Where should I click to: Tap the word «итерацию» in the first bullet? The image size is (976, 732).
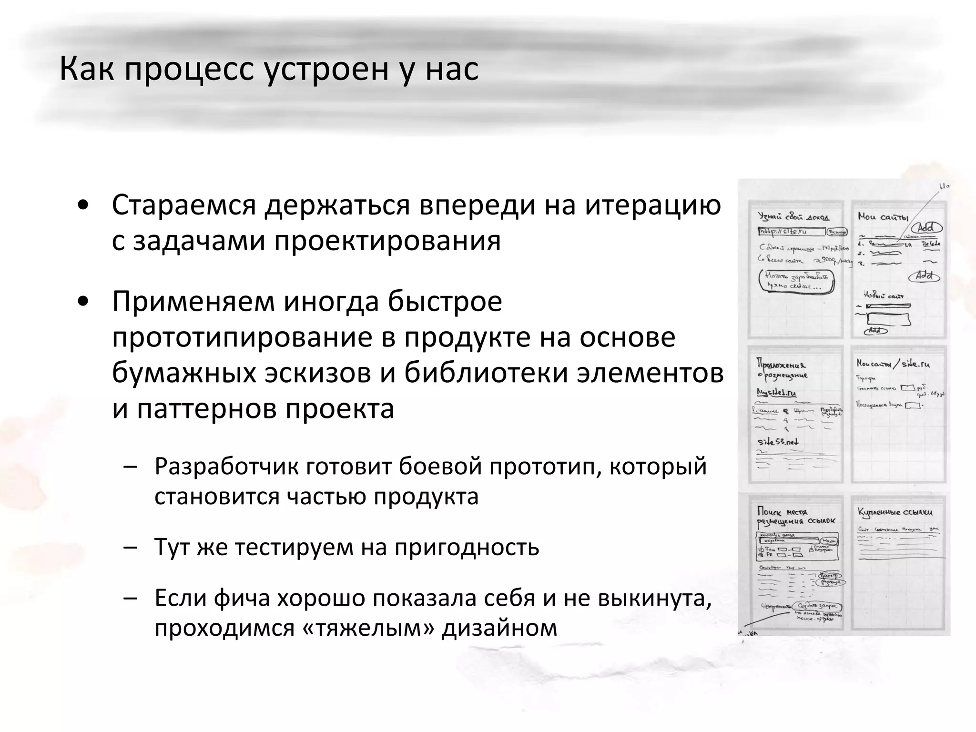(653, 206)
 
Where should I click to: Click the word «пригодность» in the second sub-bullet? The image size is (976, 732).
(467, 547)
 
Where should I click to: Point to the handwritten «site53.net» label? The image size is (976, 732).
(778, 441)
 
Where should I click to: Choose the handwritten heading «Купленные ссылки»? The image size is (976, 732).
(895, 512)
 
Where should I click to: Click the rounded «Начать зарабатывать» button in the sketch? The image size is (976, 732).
(796, 281)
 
